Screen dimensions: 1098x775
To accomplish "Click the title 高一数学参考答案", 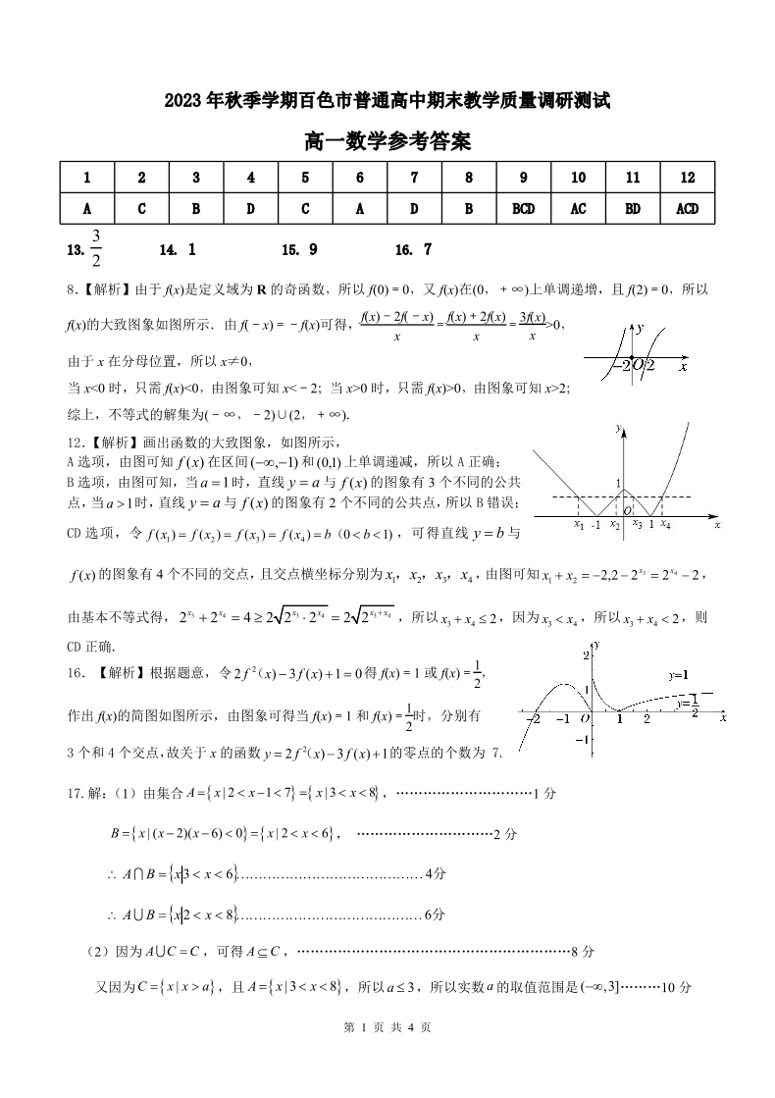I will point(387,142).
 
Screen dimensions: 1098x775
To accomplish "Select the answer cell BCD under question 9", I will point(524,208).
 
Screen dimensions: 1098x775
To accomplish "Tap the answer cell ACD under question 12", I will point(687,208).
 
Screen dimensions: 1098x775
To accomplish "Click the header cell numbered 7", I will point(415,178).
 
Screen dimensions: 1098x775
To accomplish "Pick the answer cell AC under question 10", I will point(578,208).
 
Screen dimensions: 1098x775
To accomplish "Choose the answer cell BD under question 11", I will point(633,208).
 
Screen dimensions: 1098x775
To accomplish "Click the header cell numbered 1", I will point(87,178).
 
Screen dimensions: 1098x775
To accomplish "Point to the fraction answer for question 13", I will point(96,249).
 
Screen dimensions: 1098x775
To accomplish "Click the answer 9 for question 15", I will point(312,250).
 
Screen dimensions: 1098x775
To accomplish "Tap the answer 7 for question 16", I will point(427,250).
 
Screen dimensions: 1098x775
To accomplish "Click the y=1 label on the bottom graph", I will point(679,675).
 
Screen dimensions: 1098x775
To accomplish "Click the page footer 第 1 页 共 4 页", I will point(387,1055).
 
